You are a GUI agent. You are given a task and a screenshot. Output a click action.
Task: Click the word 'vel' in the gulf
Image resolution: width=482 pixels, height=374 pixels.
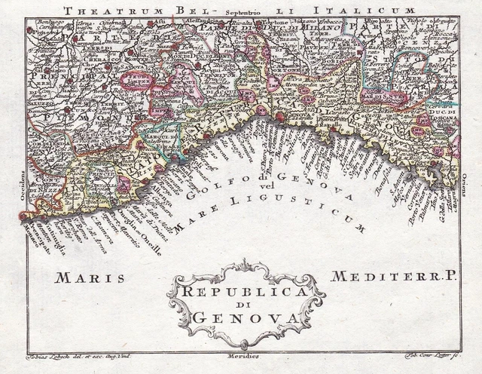[x=263, y=186]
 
